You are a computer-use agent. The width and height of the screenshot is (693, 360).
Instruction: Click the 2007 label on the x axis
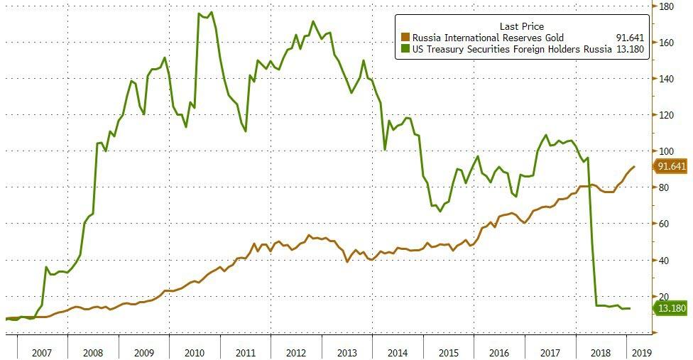pyautogui.click(x=42, y=351)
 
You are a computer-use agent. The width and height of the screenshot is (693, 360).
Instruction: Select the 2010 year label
pyautogui.click(x=195, y=351)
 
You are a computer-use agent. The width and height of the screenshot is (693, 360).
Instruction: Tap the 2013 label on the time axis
pyautogui.click(x=346, y=351)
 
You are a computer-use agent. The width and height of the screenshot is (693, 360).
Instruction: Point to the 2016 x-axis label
pyautogui.click(x=499, y=351)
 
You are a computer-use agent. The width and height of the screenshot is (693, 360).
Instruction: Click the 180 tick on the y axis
pyautogui.click(x=666, y=6)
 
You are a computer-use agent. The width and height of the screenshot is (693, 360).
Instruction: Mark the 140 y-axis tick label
pyautogui.click(x=666, y=79)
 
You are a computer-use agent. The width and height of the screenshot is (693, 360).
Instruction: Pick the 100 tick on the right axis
pyautogui.click(x=666, y=151)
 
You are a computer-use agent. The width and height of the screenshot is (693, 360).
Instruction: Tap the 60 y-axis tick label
pyautogui.click(x=664, y=224)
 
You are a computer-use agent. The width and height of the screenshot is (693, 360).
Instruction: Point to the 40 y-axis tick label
pyautogui.click(x=664, y=260)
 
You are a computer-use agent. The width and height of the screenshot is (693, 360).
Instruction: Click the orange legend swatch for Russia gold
pyautogui.click(x=405, y=38)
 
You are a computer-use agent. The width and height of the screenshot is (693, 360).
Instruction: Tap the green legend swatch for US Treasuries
pyautogui.click(x=405, y=49)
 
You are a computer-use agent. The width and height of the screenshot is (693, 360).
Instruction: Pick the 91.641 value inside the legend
pyautogui.click(x=629, y=38)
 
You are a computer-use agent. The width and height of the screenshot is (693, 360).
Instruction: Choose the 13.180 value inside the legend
pyautogui.click(x=629, y=49)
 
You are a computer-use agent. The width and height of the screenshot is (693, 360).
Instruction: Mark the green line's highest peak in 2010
pyautogui.click(x=213, y=12)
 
